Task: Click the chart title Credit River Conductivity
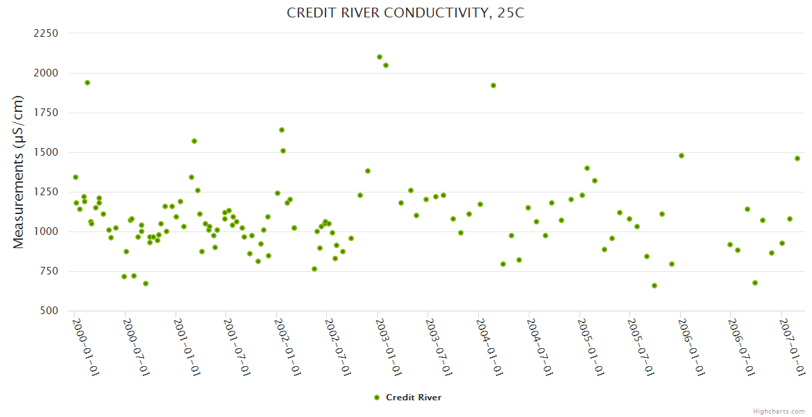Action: click(405, 13)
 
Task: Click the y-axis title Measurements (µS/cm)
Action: click(19, 172)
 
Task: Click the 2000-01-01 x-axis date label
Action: click(86, 347)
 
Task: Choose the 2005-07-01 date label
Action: click(641, 347)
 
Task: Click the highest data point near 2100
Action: click(380, 57)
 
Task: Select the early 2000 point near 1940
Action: click(87, 83)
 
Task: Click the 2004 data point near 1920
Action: click(493, 85)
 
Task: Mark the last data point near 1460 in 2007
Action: click(797, 158)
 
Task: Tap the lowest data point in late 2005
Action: click(654, 286)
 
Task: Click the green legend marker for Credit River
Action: click(377, 398)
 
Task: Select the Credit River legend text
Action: click(413, 398)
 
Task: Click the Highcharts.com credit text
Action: click(779, 411)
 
